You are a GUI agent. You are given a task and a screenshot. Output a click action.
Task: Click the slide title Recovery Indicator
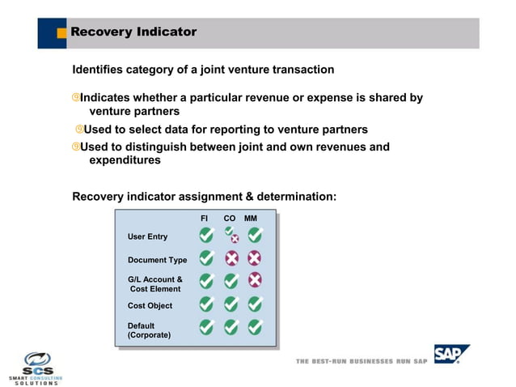133,32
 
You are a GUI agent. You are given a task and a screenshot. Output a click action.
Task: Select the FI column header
205,219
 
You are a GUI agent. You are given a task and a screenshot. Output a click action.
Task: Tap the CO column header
230,219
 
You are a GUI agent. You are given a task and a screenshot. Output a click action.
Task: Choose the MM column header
251,219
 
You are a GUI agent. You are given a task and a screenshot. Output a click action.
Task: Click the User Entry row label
147,236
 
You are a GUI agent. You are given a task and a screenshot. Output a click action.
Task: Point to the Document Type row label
157,260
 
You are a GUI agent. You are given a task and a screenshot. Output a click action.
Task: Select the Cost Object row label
150,306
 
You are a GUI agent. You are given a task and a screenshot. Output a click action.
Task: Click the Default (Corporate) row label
149,330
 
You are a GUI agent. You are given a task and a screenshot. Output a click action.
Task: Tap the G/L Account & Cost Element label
155,284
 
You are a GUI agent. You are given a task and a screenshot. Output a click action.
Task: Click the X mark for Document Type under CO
231,258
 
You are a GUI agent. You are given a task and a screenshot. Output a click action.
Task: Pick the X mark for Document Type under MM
255,258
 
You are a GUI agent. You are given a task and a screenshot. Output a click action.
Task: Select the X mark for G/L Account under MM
255,280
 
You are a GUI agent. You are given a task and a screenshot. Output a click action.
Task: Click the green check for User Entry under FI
207,236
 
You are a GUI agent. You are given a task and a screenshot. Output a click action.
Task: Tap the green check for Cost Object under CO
231,304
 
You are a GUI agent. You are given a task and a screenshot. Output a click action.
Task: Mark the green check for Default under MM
255,326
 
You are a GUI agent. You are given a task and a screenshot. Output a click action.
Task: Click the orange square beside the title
61,33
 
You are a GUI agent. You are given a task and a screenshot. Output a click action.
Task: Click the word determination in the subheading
296,196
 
